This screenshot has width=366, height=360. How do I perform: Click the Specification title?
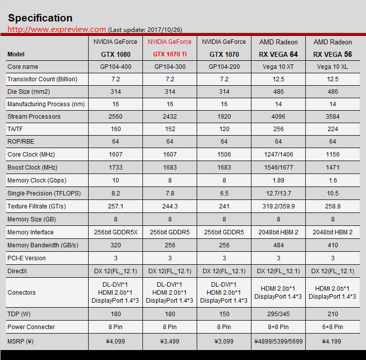[40, 18]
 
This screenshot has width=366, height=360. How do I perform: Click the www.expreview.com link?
[57, 29]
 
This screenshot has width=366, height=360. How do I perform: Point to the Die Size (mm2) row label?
[29, 92]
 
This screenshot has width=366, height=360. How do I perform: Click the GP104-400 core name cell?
[115, 67]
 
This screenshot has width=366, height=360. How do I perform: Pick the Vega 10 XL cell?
[333, 67]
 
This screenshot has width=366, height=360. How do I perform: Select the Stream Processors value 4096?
[278, 117]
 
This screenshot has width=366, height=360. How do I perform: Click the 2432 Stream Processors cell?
[170, 117]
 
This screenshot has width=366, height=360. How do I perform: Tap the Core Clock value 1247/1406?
[278, 155]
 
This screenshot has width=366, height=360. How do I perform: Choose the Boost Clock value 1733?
[115, 168]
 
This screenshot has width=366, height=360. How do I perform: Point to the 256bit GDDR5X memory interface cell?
[115, 232]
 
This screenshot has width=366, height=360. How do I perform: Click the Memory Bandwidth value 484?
[278, 245]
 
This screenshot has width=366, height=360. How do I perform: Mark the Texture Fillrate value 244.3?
[170, 206]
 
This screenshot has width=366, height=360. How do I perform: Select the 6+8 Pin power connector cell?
[333, 327]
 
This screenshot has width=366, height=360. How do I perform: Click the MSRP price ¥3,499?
[170, 342]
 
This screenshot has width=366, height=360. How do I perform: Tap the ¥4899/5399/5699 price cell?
[278, 342]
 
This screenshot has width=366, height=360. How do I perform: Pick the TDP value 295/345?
[278, 314]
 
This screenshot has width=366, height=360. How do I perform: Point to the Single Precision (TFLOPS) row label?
[44, 193]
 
